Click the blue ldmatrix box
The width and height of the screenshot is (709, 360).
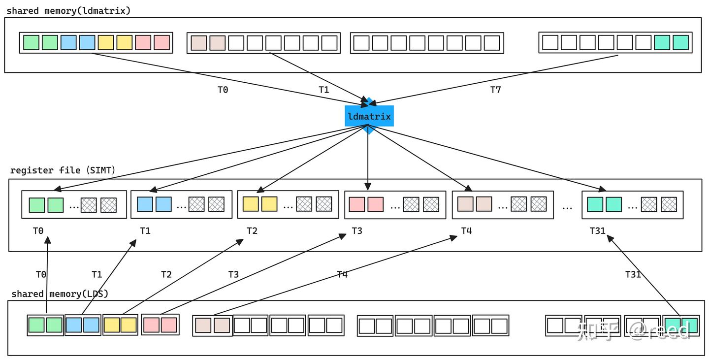pyautogui.click(x=369, y=116)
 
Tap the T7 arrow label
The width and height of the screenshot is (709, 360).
pyautogui.click(x=495, y=90)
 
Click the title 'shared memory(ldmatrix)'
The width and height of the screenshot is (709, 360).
pyautogui.click(x=69, y=10)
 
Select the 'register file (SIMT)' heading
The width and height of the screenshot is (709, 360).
pyautogui.click(x=63, y=170)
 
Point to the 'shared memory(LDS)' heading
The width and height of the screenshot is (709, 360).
pyautogui.click(x=60, y=294)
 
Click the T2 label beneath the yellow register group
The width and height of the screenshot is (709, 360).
pyautogui.click(x=252, y=230)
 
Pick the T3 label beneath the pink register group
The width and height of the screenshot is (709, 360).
pyautogui.click(x=357, y=230)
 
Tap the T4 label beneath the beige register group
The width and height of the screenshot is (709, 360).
pyautogui.click(x=466, y=230)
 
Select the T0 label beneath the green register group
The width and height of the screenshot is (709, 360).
pyautogui.click(x=38, y=230)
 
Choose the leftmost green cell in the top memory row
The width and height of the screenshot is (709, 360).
pyautogui.click(x=31, y=43)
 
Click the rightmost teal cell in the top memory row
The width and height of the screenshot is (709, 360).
pyautogui.click(x=680, y=43)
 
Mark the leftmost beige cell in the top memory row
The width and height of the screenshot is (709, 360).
pyautogui.click(x=198, y=43)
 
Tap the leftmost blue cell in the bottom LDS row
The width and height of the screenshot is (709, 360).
pyautogui.click(x=74, y=325)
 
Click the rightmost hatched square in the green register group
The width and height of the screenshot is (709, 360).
pyautogui.click(x=109, y=205)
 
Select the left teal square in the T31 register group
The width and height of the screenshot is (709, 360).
pyautogui.click(x=595, y=204)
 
